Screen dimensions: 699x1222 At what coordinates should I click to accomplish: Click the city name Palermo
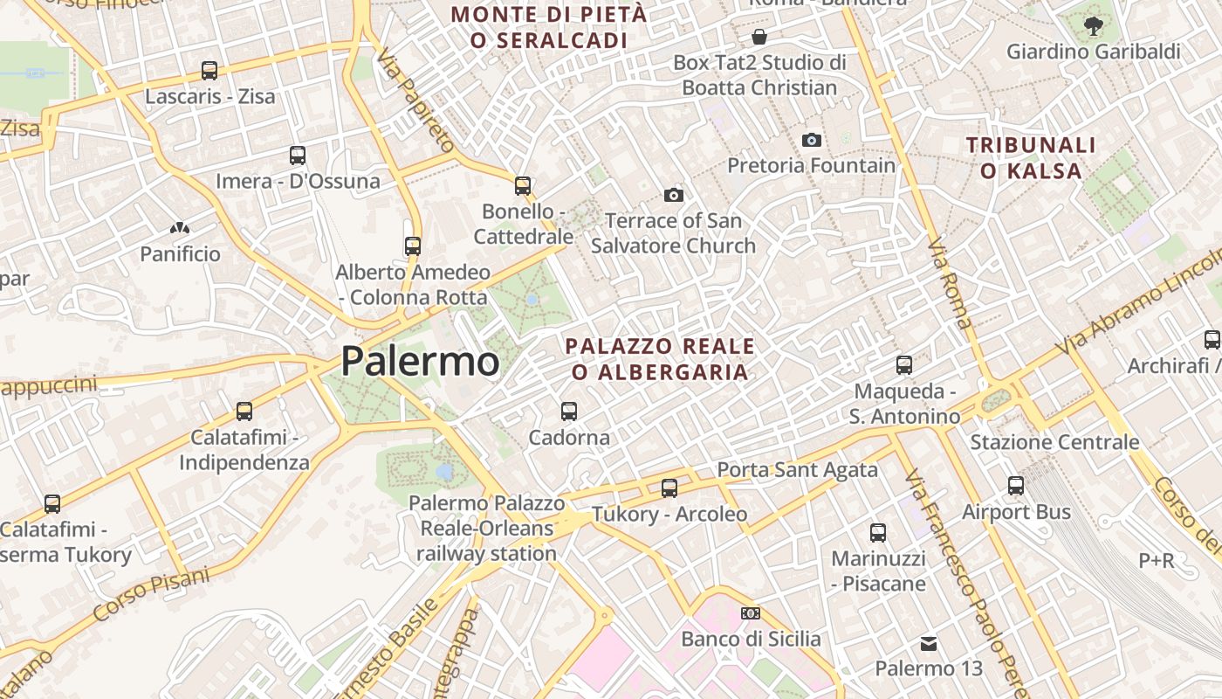click(420, 361)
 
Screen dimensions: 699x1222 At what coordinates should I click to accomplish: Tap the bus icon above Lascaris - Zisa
click(209, 71)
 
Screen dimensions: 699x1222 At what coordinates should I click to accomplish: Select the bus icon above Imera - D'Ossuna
click(298, 156)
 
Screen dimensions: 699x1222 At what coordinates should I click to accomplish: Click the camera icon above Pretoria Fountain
click(812, 140)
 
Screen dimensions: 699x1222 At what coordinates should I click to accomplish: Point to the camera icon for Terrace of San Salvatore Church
click(673, 195)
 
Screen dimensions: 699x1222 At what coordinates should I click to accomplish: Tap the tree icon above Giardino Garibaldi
click(1093, 26)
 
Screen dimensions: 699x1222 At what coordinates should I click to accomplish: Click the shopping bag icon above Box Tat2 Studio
click(759, 37)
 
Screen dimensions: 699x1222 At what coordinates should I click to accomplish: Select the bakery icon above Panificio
click(180, 229)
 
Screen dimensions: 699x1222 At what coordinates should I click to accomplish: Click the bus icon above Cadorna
click(569, 411)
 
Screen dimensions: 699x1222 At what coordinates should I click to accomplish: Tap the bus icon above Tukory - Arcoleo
click(669, 488)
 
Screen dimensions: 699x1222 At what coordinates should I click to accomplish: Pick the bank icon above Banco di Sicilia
click(751, 613)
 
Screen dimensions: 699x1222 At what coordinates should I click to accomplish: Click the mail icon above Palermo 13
click(929, 644)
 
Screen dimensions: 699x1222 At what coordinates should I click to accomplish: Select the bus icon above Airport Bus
click(1016, 486)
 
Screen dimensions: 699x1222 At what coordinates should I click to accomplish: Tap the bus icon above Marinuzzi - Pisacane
click(878, 532)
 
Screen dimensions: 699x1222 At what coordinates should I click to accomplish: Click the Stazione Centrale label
click(1054, 442)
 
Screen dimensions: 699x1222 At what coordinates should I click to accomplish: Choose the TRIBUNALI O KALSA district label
click(1031, 157)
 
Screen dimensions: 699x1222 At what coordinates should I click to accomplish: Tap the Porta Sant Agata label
click(797, 470)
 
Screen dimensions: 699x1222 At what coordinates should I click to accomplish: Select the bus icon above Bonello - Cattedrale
click(523, 186)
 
